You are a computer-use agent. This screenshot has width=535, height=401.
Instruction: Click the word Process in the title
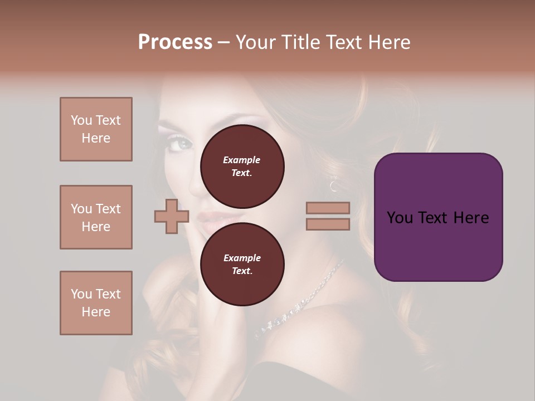[175, 42]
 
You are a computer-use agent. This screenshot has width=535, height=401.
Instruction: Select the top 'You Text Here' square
[96, 129]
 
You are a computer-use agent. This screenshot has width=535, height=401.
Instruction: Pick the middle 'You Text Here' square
[96, 217]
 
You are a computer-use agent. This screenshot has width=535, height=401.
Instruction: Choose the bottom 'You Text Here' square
[96, 303]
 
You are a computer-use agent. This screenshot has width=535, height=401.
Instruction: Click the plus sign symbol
[172, 216]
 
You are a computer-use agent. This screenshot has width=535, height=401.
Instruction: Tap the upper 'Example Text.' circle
[242, 166]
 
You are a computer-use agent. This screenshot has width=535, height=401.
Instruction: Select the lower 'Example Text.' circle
[242, 264]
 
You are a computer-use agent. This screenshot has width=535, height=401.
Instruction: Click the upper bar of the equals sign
[328, 208]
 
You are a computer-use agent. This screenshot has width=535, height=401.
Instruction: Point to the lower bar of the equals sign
[328, 224]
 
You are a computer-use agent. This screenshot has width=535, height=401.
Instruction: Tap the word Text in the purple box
[438, 218]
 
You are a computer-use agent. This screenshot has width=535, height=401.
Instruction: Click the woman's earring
[333, 184]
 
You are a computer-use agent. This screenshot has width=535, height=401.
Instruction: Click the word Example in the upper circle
[241, 160]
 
